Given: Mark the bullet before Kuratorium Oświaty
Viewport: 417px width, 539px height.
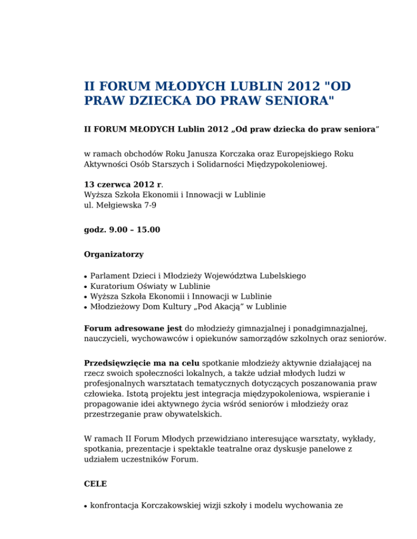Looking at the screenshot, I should coord(86,286).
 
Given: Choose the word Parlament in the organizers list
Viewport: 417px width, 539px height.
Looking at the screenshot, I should coord(111,275).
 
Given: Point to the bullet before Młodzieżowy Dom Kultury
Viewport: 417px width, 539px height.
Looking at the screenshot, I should coord(86,307).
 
